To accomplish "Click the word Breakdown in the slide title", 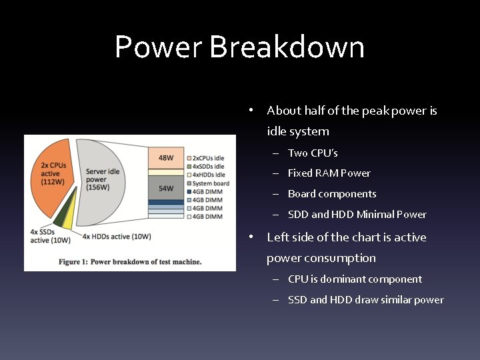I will pyautogui.click(x=287, y=48).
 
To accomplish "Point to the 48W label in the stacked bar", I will pyautogui.click(x=165, y=158).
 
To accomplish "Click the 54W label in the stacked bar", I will pyautogui.click(x=165, y=188).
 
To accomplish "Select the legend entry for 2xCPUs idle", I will pyautogui.click(x=207, y=157).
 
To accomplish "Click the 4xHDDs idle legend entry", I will pyautogui.click(x=207, y=175).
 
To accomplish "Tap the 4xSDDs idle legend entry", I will pyautogui.click(x=207, y=166).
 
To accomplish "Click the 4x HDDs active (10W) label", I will pyautogui.click(x=116, y=236).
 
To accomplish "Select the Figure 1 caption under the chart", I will pyautogui.click(x=130, y=261).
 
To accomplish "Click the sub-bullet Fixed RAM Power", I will pyautogui.click(x=329, y=173).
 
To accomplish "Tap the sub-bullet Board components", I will pyautogui.click(x=332, y=194).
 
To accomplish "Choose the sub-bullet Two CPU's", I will pyautogui.click(x=313, y=153).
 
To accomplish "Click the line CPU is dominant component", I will pyautogui.click(x=355, y=279).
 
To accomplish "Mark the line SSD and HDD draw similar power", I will pyautogui.click(x=365, y=300).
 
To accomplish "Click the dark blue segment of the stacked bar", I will pyautogui.click(x=165, y=201).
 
